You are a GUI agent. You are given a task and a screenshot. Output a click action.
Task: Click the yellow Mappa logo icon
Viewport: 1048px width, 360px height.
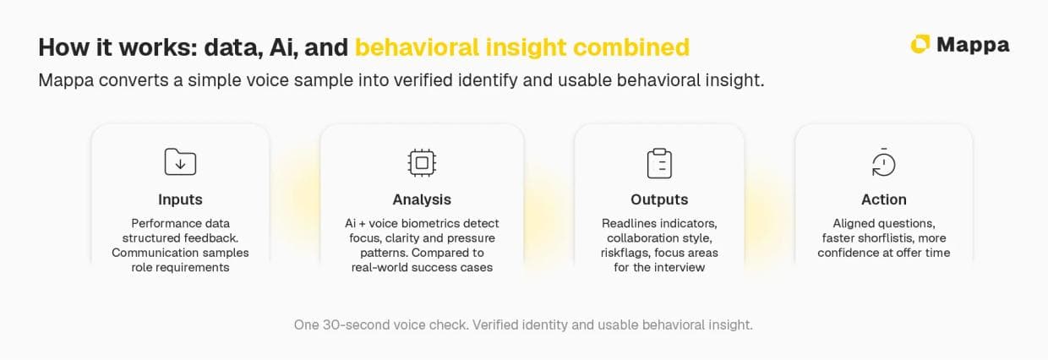point(920,45)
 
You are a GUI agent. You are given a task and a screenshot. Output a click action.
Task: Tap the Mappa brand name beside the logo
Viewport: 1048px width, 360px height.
point(973,46)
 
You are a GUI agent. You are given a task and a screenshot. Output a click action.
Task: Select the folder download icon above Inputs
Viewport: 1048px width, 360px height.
point(180,161)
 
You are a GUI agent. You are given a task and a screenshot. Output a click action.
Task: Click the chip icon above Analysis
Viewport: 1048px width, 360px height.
point(422,163)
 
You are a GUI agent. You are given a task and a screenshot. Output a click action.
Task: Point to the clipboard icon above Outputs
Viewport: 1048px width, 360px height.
point(659,164)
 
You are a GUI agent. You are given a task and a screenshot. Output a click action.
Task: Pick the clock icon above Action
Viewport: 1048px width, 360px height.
point(884,162)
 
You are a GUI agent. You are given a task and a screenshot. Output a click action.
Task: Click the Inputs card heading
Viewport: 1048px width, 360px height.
point(180,199)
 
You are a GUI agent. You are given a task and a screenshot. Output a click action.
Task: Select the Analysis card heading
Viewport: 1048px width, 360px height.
point(422,199)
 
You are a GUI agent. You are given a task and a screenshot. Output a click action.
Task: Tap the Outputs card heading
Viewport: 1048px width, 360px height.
point(659,199)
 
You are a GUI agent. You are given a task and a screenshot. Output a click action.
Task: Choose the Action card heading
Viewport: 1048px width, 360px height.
point(884,199)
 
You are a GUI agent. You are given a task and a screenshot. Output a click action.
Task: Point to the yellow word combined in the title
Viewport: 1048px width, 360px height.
point(631,47)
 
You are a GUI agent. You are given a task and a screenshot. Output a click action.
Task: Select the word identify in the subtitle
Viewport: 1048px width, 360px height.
point(488,80)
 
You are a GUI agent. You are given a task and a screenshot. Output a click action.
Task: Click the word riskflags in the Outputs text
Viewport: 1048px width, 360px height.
point(625,253)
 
